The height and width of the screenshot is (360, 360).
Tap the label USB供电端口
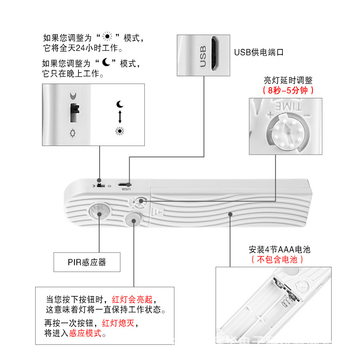259,52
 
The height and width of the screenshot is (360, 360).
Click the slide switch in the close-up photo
74,113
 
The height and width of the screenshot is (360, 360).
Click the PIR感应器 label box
87,262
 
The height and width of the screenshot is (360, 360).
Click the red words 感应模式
85,333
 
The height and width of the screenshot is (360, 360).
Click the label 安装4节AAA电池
279,250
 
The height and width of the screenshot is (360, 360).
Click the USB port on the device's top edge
125,184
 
